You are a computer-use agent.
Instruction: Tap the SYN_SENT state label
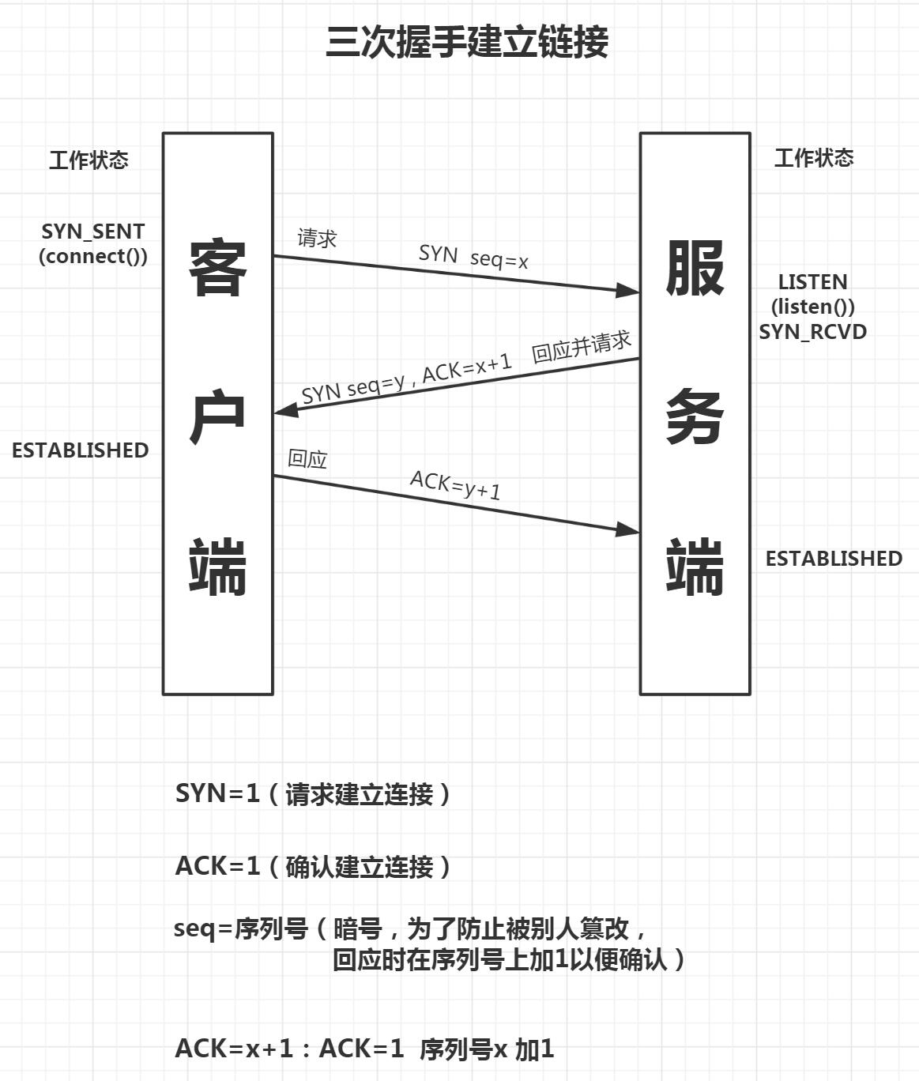click(93, 232)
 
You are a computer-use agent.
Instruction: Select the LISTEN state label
click(812, 282)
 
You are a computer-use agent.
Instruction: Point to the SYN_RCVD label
click(812, 332)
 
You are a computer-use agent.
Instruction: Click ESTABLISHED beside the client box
click(80, 450)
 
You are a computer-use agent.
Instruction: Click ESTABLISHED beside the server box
click(834, 559)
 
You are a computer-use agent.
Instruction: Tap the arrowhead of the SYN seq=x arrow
click(629, 291)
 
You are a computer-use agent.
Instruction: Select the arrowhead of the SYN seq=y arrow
click(285, 411)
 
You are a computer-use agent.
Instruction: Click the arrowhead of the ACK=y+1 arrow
click(629, 529)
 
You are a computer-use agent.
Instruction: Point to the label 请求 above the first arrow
click(317, 238)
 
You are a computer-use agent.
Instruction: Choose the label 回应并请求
click(582, 347)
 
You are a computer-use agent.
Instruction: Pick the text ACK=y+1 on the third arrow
click(455, 484)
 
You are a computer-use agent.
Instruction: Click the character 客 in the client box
click(217, 268)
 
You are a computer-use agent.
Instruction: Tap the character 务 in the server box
click(695, 416)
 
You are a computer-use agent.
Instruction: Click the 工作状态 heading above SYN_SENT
click(89, 160)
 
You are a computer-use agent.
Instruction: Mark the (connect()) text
click(93, 256)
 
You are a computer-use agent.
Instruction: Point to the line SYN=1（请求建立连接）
click(313, 793)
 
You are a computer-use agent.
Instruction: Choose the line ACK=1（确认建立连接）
click(313, 866)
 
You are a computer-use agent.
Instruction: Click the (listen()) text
click(812, 307)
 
